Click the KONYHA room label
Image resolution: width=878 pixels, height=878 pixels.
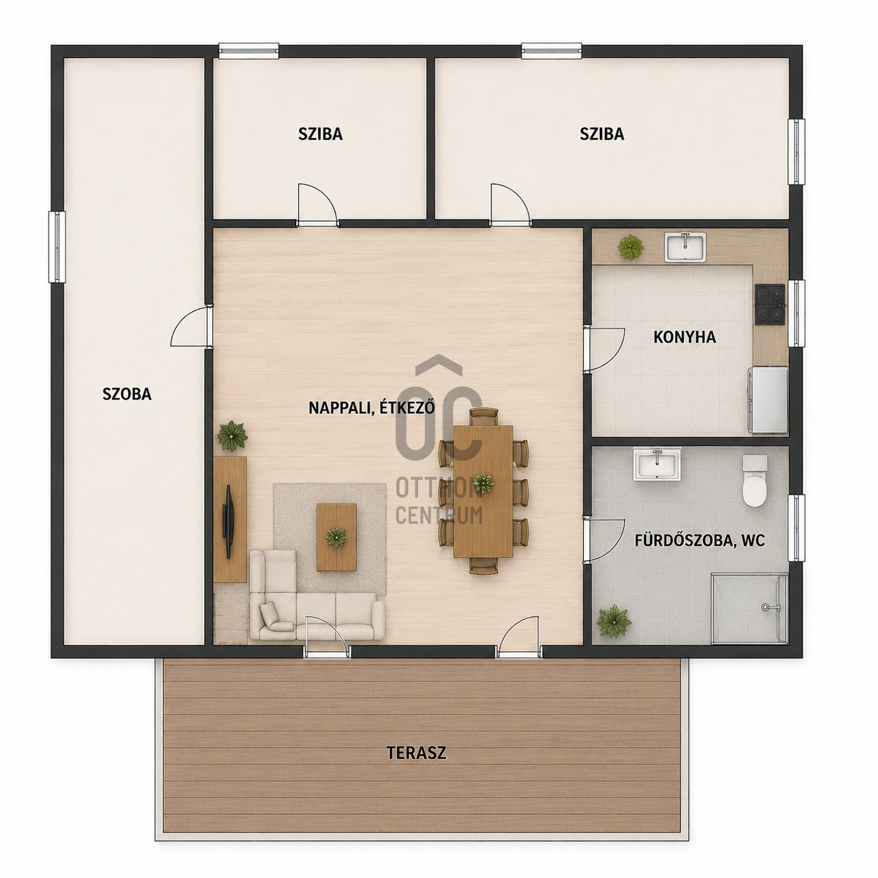(684, 337)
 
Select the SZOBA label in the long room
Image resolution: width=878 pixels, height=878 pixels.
(127, 394)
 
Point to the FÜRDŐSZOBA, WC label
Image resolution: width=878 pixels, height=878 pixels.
(700, 541)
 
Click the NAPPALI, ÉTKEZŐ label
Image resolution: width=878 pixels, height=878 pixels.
(372, 407)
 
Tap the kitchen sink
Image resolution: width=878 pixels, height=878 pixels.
(685, 247)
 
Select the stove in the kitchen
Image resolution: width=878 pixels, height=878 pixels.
(769, 304)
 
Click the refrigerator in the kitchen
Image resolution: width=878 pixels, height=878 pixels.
(767, 400)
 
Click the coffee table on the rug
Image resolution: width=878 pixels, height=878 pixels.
(336, 537)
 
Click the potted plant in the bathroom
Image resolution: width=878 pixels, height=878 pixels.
(614, 622)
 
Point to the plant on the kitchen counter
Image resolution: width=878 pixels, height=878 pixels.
(631, 247)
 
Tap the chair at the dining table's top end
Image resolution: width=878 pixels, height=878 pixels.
(483, 417)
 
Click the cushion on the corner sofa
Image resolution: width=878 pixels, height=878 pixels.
(276, 618)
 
